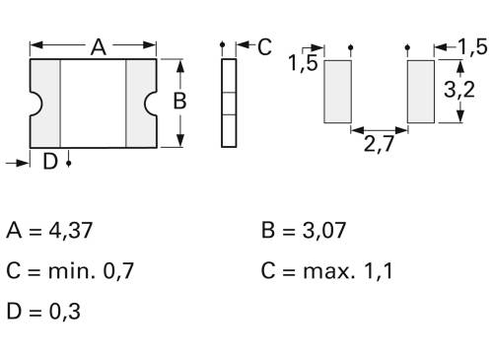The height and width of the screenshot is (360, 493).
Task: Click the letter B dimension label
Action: (x=179, y=101)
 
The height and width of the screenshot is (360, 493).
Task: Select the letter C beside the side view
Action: (x=264, y=47)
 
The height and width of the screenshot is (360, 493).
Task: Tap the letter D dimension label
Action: (x=49, y=163)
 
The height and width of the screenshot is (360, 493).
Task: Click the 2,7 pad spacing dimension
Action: (x=381, y=146)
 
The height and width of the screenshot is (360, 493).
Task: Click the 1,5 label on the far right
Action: (x=473, y=47)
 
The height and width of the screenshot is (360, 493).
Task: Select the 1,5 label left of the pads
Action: (x=303, y=65)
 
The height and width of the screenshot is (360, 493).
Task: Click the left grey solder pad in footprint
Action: (x=337, y=91)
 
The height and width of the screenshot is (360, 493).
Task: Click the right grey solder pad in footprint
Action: (x=421, y=91)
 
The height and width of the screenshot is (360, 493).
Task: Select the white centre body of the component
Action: (x=94, y=102)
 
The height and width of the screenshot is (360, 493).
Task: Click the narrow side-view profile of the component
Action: (x=229, y=102)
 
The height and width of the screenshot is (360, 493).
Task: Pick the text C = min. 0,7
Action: (x=75, y=270)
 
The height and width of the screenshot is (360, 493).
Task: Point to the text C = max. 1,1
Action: (x=326, y=270)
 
